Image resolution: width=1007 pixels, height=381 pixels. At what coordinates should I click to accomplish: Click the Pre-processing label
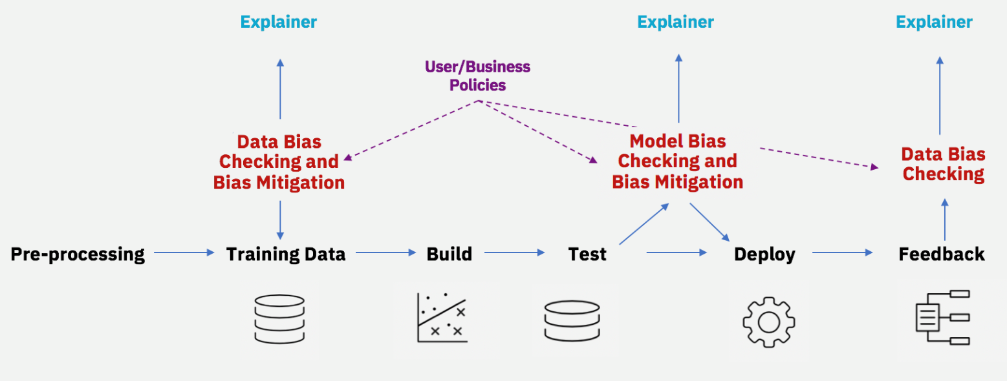(78, 254)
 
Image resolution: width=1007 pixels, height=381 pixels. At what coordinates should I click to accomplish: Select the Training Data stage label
(286, 254)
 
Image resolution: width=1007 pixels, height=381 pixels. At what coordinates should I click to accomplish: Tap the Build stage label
(449, 254)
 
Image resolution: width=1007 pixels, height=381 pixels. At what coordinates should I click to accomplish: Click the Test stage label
(587, 254)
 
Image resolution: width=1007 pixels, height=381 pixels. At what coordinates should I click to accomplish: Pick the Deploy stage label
(764, 254)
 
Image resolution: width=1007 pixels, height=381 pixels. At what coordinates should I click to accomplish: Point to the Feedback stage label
(942, 254)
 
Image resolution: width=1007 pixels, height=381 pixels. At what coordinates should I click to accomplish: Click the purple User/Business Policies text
(477, 76)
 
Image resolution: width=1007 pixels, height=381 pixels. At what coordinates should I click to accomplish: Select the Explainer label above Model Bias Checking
(675, 22)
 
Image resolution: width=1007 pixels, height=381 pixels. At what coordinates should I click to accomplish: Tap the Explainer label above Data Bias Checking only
(934, 22)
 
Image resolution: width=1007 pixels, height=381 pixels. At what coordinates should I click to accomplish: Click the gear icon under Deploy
(768, 322)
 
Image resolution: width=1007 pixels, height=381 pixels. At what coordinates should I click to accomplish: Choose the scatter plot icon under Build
(442, 317)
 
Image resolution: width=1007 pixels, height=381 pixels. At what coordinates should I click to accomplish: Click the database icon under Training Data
(279, 319)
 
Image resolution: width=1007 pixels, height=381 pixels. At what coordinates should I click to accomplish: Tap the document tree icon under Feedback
(942, 317)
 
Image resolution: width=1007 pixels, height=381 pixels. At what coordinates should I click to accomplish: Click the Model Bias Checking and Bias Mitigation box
(677, 161)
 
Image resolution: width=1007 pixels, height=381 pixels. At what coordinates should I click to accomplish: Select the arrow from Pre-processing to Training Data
(184, 253)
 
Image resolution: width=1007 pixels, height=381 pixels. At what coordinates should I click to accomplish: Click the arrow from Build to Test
(514, 253)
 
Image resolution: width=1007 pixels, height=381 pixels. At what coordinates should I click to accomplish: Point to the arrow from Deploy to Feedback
(842, 253)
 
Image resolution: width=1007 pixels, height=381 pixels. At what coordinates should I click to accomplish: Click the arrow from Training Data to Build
(385, 253)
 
